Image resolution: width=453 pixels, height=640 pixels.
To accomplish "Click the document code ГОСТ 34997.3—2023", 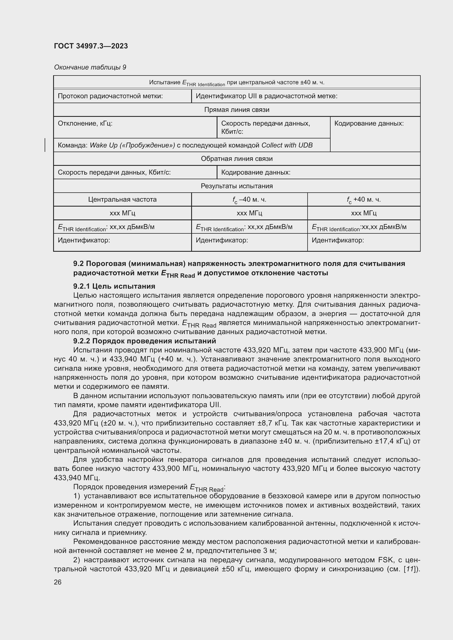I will tap(91, 46).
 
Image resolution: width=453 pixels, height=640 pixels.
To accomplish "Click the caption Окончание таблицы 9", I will tap(90, 67).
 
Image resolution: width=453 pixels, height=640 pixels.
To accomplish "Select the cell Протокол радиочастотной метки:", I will tap(110, 96).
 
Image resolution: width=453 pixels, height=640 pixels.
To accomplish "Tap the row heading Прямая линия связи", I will tap(237, 110).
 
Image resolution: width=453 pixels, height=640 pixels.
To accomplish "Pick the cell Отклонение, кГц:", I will tap(85, 123).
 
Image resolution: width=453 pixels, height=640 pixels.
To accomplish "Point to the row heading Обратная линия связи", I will tap(237, 159).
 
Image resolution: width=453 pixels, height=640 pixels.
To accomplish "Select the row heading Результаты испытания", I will tap(237, 186).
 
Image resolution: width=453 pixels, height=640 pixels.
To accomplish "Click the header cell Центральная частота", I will tap(122, 199).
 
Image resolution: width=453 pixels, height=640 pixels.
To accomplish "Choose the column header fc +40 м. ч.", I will tap(363, 199).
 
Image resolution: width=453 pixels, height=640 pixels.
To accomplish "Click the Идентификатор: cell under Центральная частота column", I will tap(84, 240).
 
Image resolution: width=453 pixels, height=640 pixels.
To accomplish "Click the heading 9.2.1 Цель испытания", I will tap(114, 286).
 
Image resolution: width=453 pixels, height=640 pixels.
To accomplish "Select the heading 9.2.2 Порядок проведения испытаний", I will tap(145, 341).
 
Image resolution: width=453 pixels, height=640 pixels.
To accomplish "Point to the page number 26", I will tap(58, 582).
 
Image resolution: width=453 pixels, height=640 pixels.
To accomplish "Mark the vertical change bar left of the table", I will tap(45, 145).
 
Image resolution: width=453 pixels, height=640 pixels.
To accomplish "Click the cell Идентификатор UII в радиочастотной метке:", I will tap(266, 96).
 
